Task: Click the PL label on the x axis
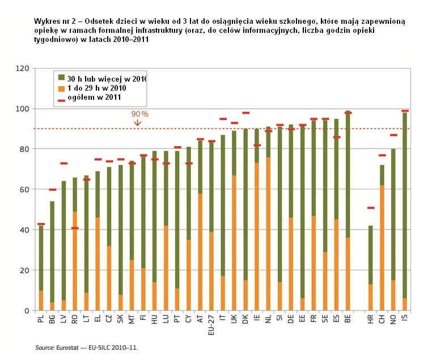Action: [41, 321]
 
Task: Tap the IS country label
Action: [405, 320]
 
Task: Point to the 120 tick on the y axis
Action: [22, 69]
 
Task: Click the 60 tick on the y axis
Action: [24, 189]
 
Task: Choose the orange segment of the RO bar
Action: [75, 261]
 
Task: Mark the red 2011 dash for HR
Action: [371, 208]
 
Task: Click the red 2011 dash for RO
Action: [75, 228]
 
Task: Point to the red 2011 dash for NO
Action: [393, 135]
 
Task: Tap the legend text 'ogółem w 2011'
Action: [91, 98]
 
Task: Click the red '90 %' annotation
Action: [140, 114]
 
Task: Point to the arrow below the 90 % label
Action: [137, 122]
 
